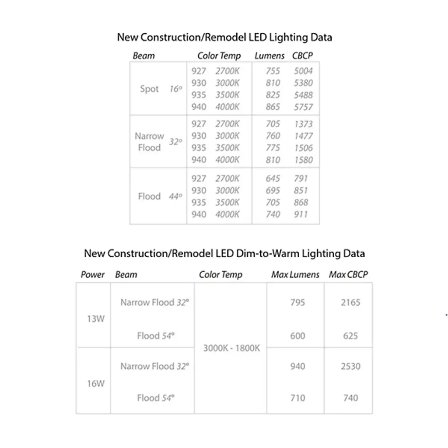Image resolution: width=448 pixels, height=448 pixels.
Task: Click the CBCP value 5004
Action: [x=303, y=71]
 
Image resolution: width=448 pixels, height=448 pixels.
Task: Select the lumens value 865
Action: [x=273, y=107]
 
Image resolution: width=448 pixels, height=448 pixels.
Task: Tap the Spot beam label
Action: [x=149, y=89]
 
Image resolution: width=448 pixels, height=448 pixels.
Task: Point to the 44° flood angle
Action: [x=175, y=196]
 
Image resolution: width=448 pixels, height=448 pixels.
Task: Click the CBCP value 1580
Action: [x=303, y=160]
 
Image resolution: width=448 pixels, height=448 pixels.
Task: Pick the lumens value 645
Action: [x=273, y=178]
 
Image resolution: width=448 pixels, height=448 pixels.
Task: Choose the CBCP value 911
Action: [x=301, y=214]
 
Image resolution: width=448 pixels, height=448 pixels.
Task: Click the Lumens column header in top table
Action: [x=269, y=56]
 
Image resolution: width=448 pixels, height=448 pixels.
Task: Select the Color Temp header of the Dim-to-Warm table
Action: [x=220, y=275]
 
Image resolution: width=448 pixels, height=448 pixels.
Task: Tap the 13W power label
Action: [x=96, y=318]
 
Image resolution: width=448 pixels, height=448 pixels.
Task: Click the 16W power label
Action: [x=96, y=384]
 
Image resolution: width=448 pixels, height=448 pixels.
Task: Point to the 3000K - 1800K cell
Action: [x=231, y=348]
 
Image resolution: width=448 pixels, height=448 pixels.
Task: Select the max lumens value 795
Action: [x=297, y=302]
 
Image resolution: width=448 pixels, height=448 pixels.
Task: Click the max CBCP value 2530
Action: [x=351, y=366]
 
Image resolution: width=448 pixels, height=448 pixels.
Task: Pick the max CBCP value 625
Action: [x=351, y=336]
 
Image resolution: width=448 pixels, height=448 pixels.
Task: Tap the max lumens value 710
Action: [x=297, y=398]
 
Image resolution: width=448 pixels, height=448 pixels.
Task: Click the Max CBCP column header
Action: [x=348, y=275]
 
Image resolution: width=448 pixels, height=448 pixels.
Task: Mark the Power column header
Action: [x=93, y=275]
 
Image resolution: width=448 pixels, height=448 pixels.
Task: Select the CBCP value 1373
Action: [x=303, y=124]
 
